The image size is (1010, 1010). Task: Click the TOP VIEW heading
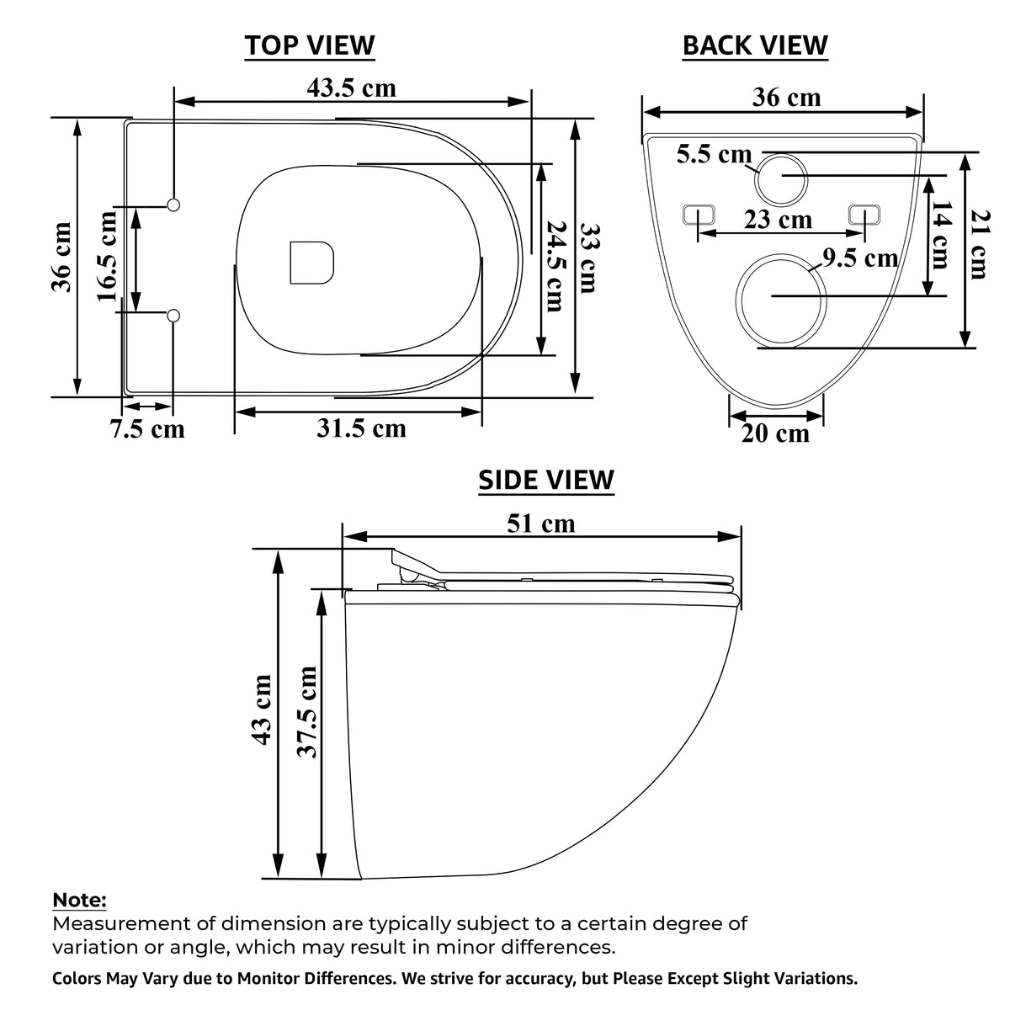[309, 45]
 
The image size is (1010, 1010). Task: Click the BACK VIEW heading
[755, 45]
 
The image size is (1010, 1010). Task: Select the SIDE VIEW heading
[546, 480]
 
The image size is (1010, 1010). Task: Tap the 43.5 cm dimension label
[351, 88]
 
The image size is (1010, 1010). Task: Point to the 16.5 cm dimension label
[107, 257]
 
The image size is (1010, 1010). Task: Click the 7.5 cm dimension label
[148, 429]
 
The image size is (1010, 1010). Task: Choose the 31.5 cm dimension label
[361, 428]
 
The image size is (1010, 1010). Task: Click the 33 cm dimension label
[589, 258]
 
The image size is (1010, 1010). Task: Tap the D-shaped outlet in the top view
[312, 263]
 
